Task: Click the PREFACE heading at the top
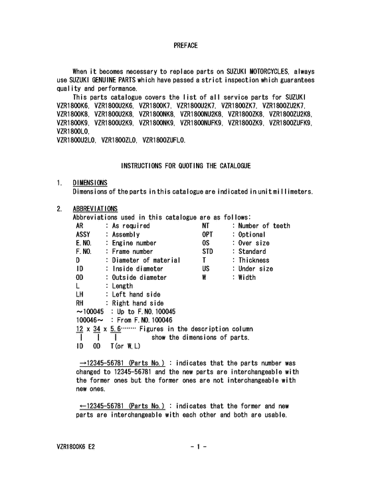click(x=185, y=45)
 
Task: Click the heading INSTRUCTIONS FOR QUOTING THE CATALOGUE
click(x=185, y=164)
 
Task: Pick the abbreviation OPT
click(x=209, y=235)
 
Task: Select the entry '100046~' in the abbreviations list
click(x=87, y=320)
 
